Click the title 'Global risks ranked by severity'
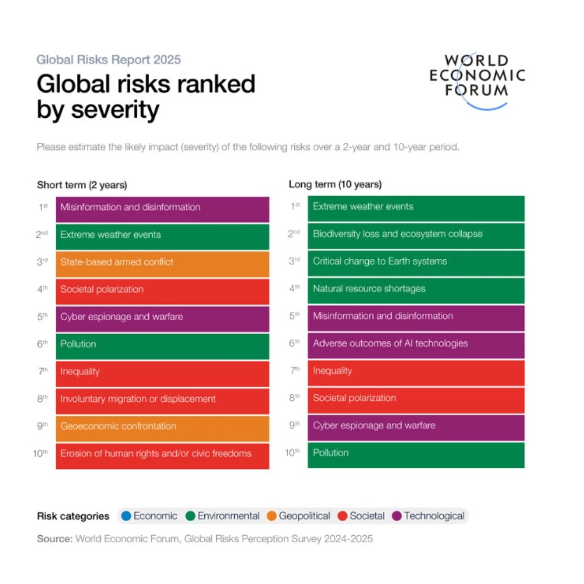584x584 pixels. (146, 97)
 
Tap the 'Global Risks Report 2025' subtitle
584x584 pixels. (109, 59)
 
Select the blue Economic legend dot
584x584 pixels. (126, 516)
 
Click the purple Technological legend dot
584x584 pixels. (397, 516)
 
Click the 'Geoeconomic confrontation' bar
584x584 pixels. (162, 428)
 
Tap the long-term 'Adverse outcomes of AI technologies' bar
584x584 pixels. (415, 345)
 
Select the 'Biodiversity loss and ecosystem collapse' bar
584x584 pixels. (415, 236)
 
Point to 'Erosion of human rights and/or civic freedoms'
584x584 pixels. (162, 455)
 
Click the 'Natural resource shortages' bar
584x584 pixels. (415, 290)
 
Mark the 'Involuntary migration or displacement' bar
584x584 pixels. (162, 401)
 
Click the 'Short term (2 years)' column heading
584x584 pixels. (82, 185)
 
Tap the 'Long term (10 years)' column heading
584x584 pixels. (335, 184)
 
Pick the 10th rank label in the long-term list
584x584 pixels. (292, 452)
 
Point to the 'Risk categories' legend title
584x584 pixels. (73, 516)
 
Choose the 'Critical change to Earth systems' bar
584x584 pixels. (415, 263)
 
